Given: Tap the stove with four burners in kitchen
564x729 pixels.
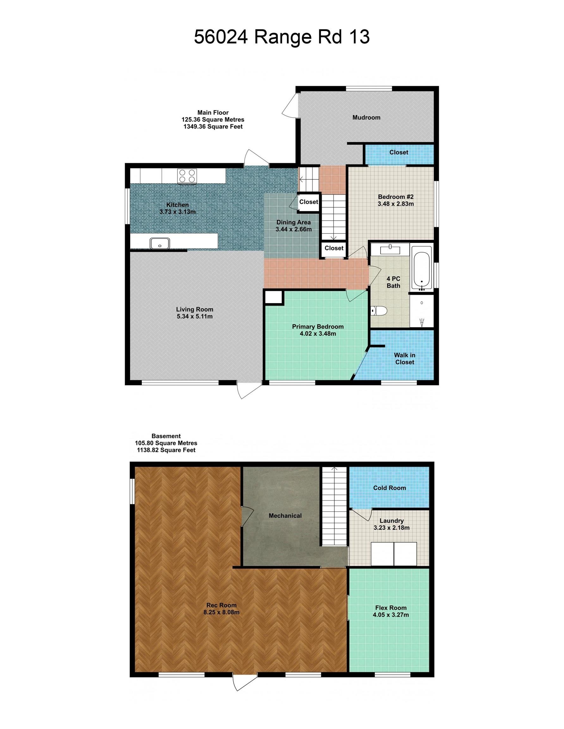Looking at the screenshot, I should tap(187, 176).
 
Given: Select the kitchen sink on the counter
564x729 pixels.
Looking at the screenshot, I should tap(160, 243).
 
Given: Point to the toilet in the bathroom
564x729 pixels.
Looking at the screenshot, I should tap(379, 311).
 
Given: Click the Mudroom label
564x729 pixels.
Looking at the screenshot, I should tap(366, 117).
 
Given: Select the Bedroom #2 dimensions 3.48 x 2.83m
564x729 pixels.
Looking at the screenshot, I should tap(395, 204).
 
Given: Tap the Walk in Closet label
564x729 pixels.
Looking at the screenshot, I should tap(405, 358).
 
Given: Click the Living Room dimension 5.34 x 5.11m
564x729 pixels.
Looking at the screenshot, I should tap(195, 316).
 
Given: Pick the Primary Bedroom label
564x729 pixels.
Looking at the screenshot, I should tap(318, 327).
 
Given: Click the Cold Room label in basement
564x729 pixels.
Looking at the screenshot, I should tap(389, 488).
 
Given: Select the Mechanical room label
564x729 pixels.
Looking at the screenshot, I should tap(285, 516).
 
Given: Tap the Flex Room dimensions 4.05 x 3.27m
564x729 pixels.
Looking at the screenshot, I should tap(391, 615).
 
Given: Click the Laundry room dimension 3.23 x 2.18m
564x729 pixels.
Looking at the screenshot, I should tap(392, 528).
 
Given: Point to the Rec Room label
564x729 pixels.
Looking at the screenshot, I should tap(221, 605).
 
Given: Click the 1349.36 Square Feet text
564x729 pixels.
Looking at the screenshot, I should tap(213, 127).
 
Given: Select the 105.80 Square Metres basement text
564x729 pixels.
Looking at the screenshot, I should tap(166, 443).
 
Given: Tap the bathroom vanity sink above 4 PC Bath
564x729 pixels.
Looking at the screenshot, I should tap(390, 248).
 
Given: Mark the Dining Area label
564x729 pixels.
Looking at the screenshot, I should tap(293, 222).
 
